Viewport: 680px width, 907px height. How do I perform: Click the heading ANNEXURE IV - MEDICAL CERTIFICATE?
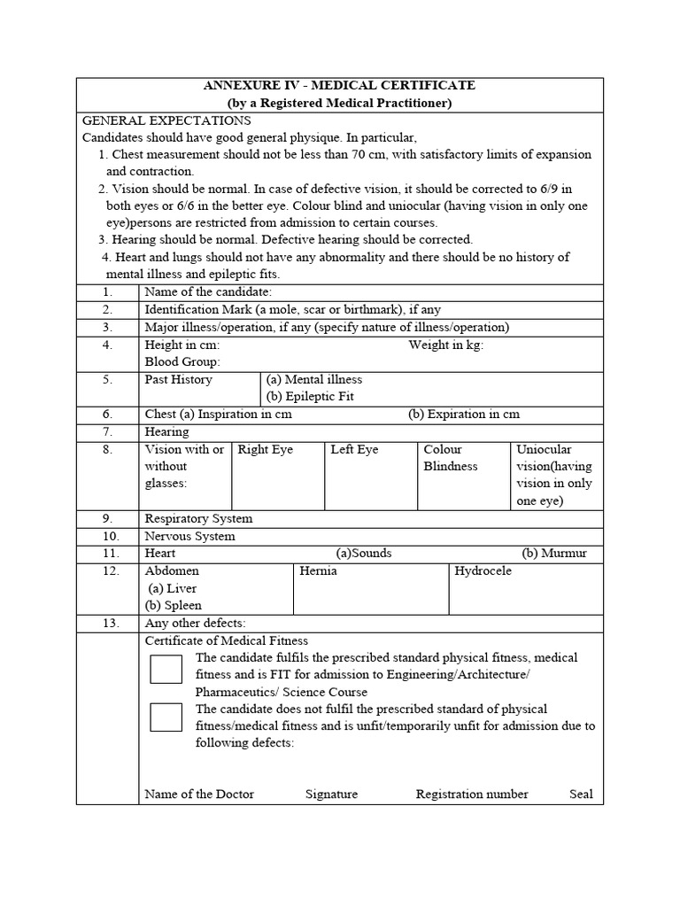pos(339,86)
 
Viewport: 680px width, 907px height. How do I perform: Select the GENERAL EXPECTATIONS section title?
pos(166,120)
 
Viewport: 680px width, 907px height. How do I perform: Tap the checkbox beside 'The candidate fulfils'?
pos(166,669)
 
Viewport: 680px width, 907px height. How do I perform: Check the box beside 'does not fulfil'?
pos(166,717)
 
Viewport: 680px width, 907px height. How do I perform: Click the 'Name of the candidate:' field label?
pos(208,292)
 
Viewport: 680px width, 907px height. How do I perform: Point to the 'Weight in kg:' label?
pos(445,345)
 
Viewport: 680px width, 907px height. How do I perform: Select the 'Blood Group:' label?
pos(182,361)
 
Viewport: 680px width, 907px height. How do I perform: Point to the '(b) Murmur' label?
pos(553,554)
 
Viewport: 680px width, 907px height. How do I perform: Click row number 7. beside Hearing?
pos(107,432)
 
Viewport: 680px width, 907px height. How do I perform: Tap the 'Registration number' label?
pos(472,795)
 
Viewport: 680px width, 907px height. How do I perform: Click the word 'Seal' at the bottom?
pos(581,795)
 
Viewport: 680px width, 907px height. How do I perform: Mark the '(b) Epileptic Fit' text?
pos(310,397)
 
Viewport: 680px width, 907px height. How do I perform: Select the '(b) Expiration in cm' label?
pos(464,415)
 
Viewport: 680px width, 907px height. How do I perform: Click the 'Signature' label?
pos(331,795)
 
